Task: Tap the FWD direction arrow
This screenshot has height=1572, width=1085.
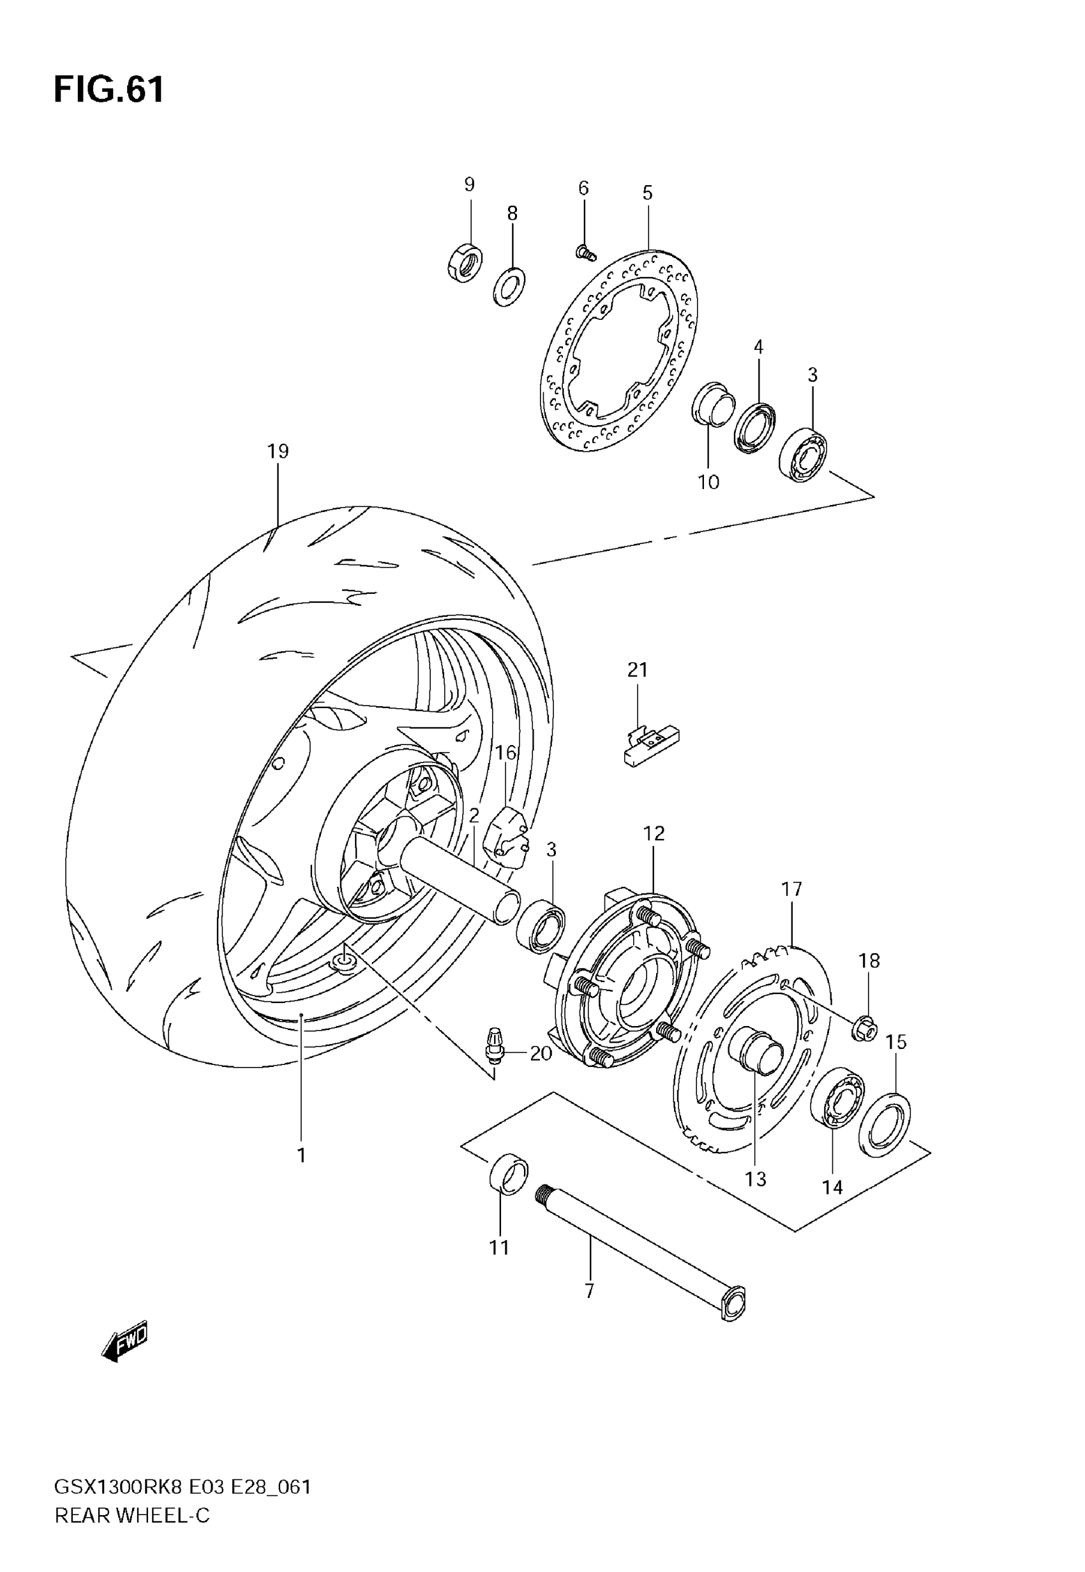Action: tap(124, 1343)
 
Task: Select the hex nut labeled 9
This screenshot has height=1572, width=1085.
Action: tap(466, 262)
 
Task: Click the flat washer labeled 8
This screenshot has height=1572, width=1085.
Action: tap(509, 286)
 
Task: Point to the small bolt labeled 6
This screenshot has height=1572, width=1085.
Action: tap(585, 254)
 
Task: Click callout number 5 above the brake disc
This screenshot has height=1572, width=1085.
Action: tap(647, 193)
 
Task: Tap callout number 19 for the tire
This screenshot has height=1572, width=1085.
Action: tap(278, 451)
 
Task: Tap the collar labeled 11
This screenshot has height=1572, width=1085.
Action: tap(508, 1173)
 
